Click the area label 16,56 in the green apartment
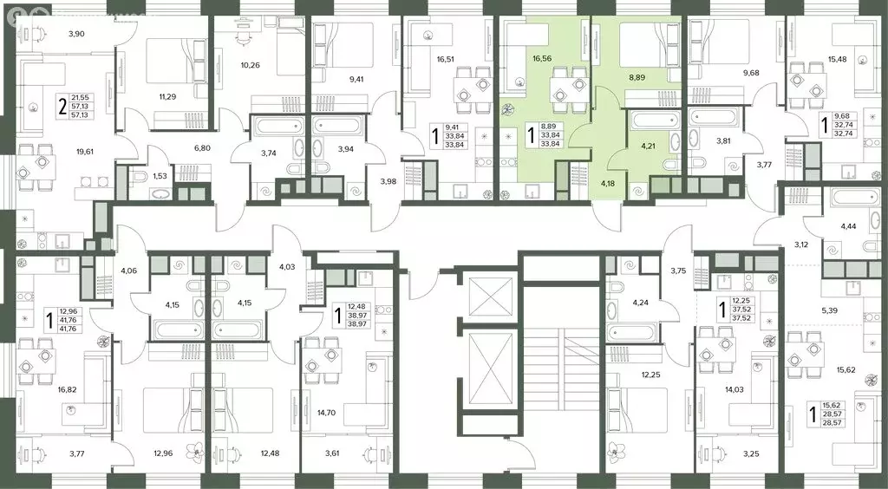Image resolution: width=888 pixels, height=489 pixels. pos(542,58)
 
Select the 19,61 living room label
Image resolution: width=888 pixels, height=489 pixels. pos(86,151)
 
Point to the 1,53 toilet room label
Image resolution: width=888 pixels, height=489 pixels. pos(159,177)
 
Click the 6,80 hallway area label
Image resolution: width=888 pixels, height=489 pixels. pos(201,148)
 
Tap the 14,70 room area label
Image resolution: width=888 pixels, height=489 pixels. pos(326,413)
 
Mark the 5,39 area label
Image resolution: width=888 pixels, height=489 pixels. pos(830,310)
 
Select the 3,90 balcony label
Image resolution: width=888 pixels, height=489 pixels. pos(76,34)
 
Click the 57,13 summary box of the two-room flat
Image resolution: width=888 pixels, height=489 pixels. pos(82,106)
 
